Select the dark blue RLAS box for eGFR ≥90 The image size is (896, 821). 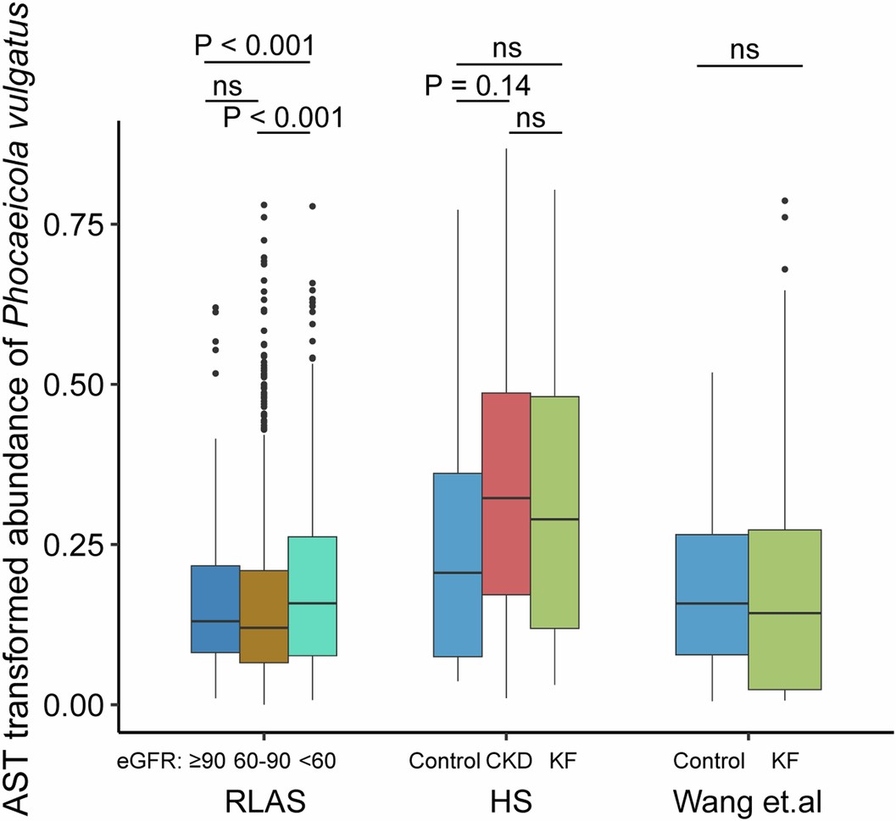point(215,608)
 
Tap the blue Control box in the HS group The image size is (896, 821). point(458,564)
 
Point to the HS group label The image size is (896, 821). point(506,798)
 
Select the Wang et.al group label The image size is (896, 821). point(736,798)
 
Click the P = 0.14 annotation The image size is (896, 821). point(478,86)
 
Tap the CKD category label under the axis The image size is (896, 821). point(509,760)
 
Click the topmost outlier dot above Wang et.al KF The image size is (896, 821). point(785,201)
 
